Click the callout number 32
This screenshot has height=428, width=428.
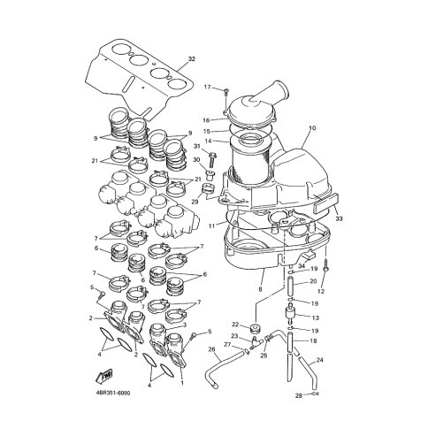(x=192, y=59)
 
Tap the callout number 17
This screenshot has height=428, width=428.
(x=208, y=87)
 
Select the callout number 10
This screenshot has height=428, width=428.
(x=312, y=128)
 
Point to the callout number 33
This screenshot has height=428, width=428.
(x=339, y=219)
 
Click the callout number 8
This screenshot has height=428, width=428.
(x=260, y=289)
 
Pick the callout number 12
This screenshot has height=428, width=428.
(x=321, y=292)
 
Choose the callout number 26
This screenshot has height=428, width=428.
(x=212, y=349)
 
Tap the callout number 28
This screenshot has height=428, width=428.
(x=299, y=396)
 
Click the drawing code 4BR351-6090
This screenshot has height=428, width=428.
(x=113, y=394)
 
